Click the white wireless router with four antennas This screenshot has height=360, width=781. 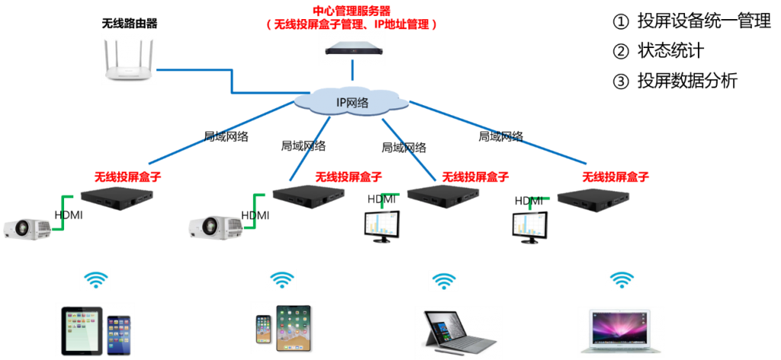tap(129, 60)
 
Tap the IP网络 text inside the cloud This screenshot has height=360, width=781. tap(352, 102)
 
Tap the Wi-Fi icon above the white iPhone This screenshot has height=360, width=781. tap(281, 280)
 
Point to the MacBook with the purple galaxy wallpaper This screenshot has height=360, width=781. tap(621, 331)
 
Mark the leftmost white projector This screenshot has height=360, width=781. tap(27, 227)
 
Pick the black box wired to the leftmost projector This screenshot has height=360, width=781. tap(118, 197)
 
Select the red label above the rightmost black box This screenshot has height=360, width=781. tap(615, 177)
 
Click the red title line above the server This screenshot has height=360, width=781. tap(352, 11)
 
